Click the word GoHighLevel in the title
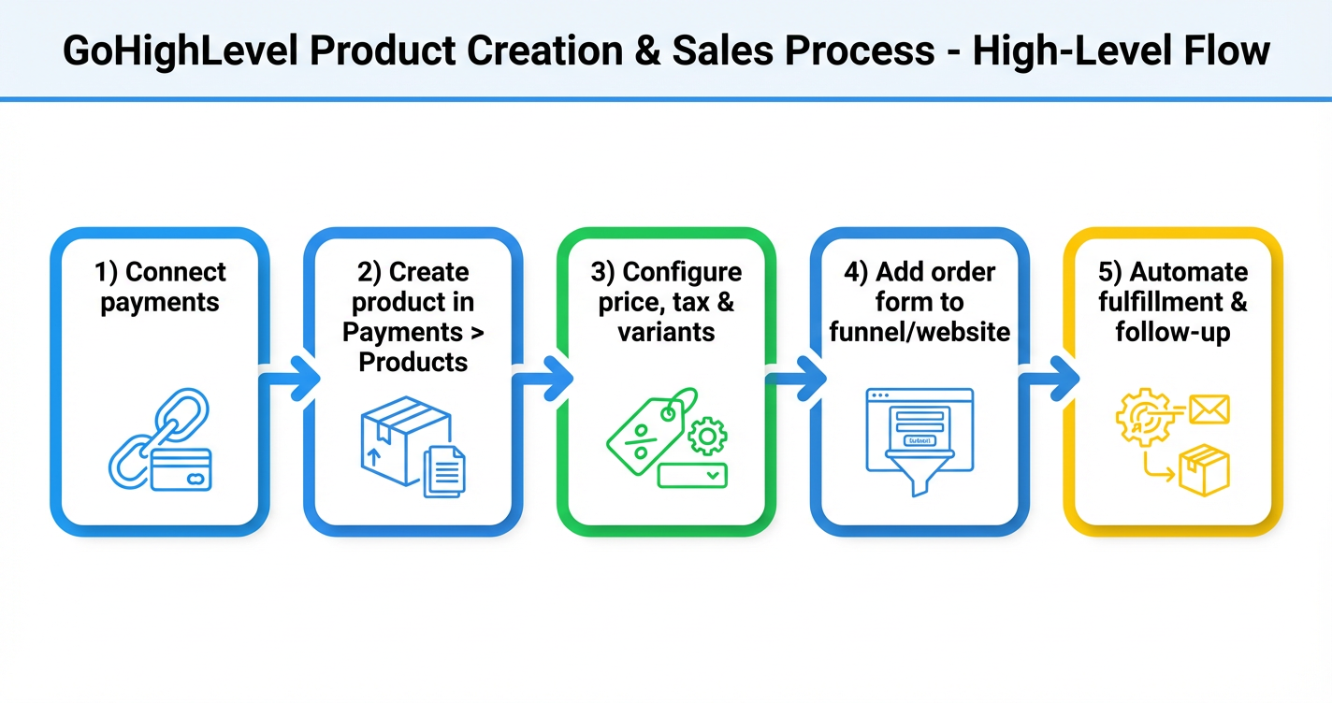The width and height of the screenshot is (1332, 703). click(x=179, y=50)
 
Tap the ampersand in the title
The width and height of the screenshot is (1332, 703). click(x=644, y=50)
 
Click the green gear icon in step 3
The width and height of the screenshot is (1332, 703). click(x=706, y=436)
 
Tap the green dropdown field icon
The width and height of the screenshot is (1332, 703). click(x=692, y=475)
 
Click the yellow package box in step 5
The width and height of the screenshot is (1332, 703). click(x=1204, y=469)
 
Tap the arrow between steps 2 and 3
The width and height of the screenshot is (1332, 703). click(x=542, y=379)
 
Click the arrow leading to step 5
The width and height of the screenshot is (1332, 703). click(x=1049, y=379)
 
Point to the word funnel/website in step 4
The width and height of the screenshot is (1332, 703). click(x=919, y=332)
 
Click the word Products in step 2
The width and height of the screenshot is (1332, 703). click(x=413, y=362)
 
